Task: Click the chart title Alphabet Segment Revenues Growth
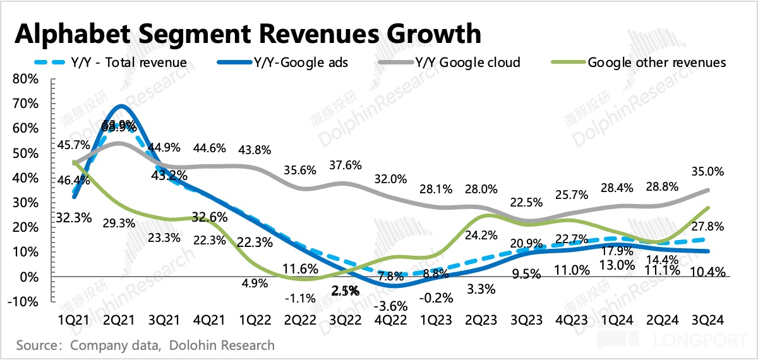click(248, 33)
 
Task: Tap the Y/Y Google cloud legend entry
click(467, 63)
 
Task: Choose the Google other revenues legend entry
click(656, 63)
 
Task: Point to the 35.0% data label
click(707, 171)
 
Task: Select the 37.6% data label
click(345, 165)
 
